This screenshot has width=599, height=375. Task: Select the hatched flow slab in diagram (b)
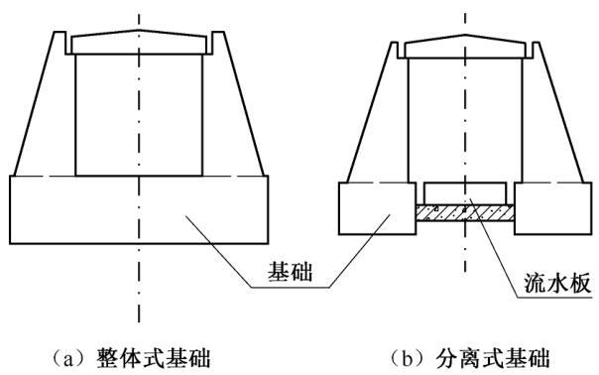pyautogui.click(x=464, y=211)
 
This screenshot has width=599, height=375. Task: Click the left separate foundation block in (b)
pyautogui.click(x=376, y=208)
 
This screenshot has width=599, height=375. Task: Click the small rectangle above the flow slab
pyautogui.click(x=464, y=191)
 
